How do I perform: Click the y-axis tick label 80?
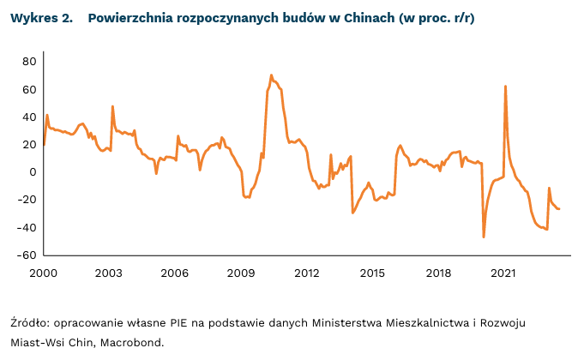[28, 62]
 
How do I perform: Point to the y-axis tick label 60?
[28, 89]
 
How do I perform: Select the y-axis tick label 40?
[28, 117]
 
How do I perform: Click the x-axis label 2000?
[43, 273]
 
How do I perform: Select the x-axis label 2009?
[241, 273]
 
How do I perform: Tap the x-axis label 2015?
[372, 273]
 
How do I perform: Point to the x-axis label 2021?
[503, 273]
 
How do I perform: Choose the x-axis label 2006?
[175, 273]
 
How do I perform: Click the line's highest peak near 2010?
[271, 75]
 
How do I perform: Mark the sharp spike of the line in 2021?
[505, 86]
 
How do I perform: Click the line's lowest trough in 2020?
[484, 237]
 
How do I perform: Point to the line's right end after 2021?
[559, 209]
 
